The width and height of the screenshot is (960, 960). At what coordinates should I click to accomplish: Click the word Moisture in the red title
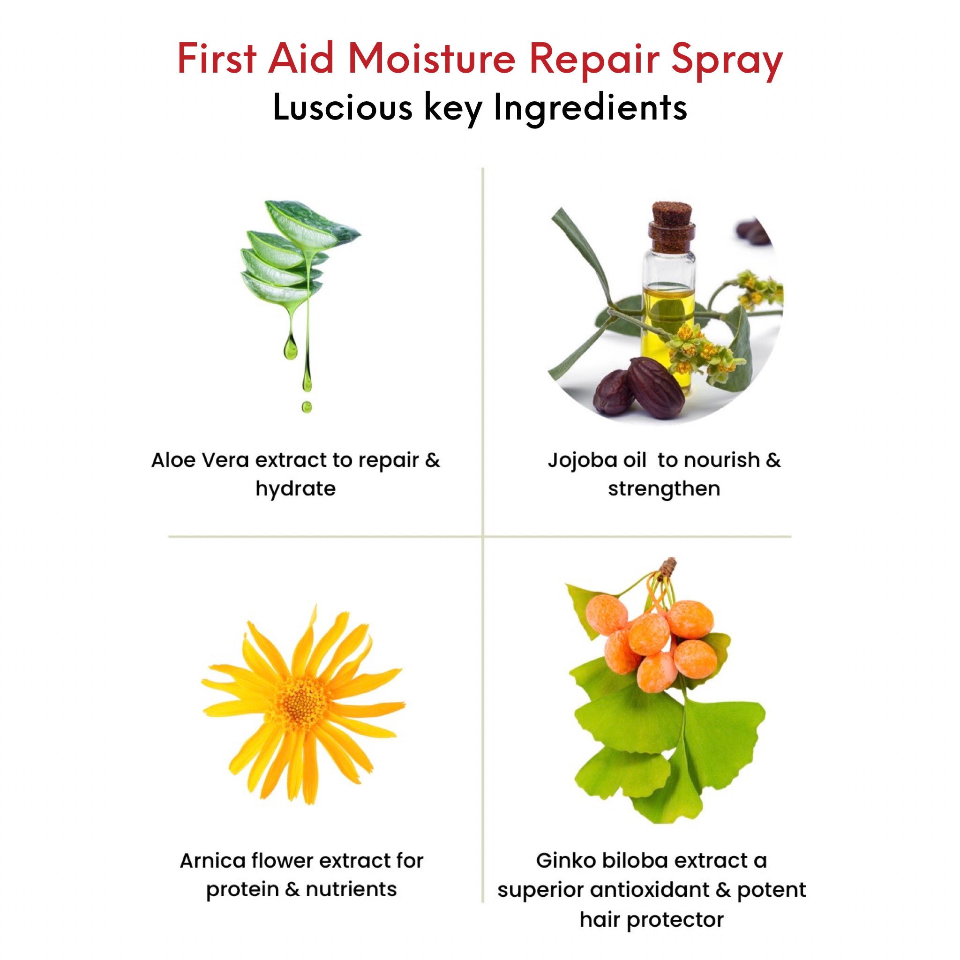coord(432,59)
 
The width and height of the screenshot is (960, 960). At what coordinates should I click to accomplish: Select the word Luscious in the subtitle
coord(342,107)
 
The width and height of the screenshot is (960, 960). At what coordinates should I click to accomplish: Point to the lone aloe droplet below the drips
coord(307,407)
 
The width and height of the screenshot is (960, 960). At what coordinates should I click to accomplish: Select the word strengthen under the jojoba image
coord(664,489)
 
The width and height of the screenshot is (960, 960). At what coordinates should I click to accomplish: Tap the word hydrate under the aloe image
coord(296,489)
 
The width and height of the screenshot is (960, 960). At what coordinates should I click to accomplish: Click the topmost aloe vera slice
coord(311,224)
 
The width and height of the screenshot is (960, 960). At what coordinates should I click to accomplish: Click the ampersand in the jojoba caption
coord(772,460)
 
